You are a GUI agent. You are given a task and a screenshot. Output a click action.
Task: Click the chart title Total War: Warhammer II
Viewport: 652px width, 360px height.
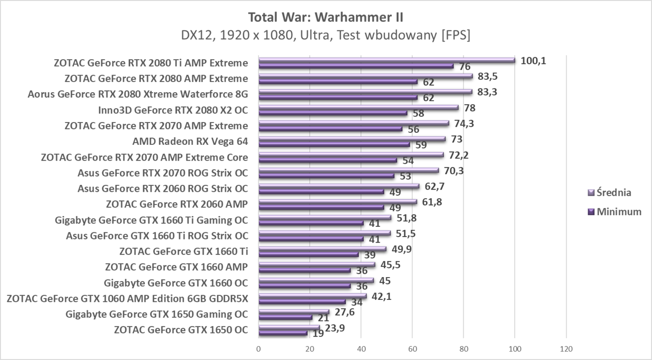pyautogui.click(x=326, y=17)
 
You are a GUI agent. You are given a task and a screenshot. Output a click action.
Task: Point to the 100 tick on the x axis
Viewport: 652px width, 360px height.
pyautogui.click(x=515, y=348)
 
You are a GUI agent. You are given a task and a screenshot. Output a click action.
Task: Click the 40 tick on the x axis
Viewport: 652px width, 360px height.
pyautogui.click(x=361, y=348)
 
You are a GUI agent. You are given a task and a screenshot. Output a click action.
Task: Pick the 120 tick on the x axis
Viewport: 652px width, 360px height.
pyautogui.click(x=566, y=348)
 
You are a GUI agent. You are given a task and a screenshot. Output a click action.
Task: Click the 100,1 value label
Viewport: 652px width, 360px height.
pyautogui.click(x=533, y=61)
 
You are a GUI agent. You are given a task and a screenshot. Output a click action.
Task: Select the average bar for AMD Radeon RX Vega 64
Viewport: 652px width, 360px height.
pyautogui.click(x=352, y=139)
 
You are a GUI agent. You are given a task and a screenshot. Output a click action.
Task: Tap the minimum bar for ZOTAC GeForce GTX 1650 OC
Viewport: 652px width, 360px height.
pyautogui.click(x=283, y=333)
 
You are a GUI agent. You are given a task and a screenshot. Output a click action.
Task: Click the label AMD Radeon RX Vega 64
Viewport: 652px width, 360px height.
pyautogui.click(x=190, y=142)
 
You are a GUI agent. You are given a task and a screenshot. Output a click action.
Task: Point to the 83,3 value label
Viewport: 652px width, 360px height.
pyautogui.click(x=487, y=92)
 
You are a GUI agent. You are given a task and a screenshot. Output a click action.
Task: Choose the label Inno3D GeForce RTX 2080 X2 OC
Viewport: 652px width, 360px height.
pyautogui.click(x=173, y=110)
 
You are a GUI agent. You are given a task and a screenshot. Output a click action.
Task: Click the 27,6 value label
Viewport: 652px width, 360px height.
pyautogui.click(x=345, y=312)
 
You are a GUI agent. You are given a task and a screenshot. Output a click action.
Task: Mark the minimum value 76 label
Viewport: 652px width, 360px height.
pyautogui.click(x=465, y=67)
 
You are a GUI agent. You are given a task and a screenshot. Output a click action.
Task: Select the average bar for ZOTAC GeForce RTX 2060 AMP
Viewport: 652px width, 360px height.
pyautogui.click(x=338, y=201)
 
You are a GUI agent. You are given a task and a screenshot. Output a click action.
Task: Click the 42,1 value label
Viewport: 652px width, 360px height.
pyautogui.click(x=382, y=296)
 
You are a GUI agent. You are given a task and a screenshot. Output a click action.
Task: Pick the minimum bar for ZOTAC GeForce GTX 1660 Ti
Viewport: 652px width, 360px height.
pyautogui.click(x=308, y=254)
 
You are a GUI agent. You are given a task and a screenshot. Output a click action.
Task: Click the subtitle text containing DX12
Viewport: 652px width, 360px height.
pyautogui.click(x=326, y=35)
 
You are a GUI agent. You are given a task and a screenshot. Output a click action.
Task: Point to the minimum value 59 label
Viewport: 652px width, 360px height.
pyautogui.click(x=421, y=145)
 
